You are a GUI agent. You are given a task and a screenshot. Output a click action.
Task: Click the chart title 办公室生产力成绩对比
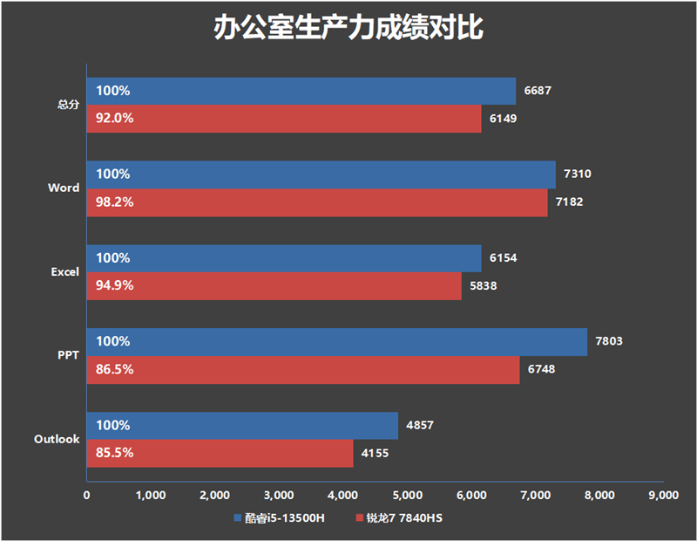(348, 30)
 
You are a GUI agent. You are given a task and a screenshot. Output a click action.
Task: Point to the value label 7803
(610, 342)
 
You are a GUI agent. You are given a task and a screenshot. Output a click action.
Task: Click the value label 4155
(376, 454)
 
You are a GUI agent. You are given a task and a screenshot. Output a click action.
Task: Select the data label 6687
(538, 91)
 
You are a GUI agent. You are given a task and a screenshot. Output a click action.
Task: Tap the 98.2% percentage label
(115, 202)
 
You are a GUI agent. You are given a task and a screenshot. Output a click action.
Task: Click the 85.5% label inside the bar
(115, 454)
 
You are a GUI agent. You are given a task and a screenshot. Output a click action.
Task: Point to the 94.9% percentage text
(115, 286)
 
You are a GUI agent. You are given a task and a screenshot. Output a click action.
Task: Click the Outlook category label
(58, 440)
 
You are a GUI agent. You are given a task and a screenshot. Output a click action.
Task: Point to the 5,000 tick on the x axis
(407, 496)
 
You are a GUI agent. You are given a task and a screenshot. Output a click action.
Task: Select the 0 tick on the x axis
(86, 496)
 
